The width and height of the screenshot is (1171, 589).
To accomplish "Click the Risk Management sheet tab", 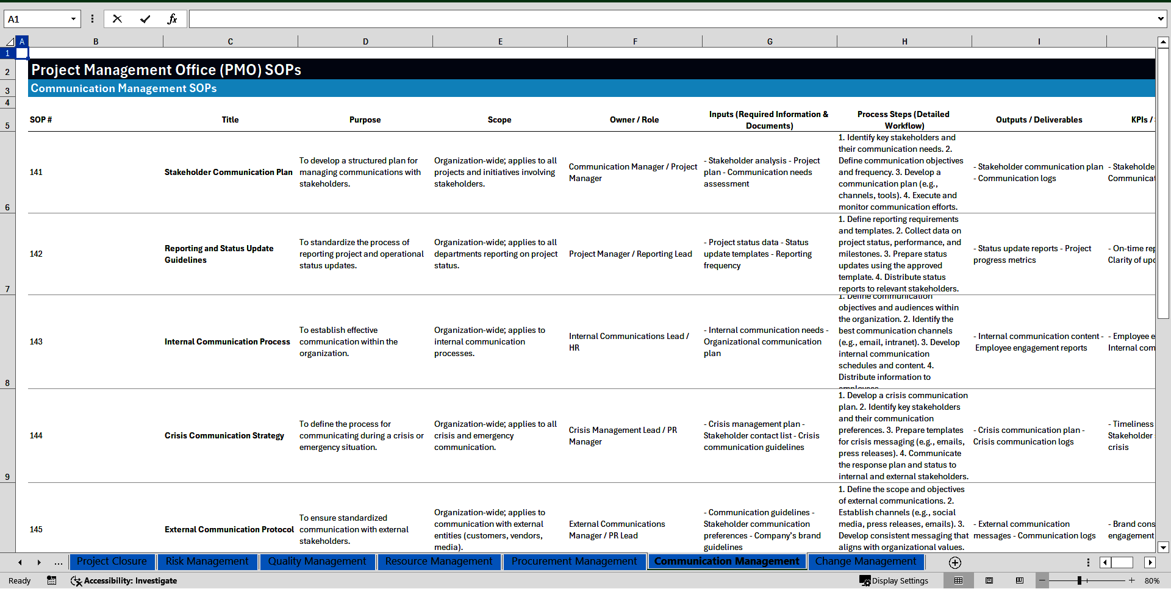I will coord(207,562).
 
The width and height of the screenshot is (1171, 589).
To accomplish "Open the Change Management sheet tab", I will coord(865,562).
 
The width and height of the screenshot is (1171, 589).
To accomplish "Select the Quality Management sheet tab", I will coord(317,562).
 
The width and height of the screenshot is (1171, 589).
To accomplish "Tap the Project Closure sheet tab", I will coord(112,562).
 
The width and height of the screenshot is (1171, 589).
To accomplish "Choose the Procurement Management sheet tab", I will coord(574,562).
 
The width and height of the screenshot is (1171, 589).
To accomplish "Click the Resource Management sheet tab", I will coord(439,562).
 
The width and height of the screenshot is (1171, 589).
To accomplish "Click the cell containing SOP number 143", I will coord(37,342).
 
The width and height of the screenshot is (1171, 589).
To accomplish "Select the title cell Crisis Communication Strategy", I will coord(224,436).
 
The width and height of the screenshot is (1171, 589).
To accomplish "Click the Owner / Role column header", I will coord(634,120).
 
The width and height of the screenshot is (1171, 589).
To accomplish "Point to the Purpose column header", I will coord(365,120).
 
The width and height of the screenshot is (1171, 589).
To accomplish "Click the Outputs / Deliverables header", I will coord(1039,120).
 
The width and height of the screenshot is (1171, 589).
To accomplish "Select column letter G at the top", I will coord(770,42).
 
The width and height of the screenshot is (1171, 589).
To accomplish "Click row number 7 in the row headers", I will coord(7,289).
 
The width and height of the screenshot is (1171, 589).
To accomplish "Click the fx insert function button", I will coord(172,19).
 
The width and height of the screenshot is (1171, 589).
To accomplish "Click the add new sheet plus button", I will coord(955,563).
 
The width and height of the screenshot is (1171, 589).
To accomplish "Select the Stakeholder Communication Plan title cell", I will coord(229,173).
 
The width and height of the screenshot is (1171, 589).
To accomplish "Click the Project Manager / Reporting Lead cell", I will coord(631,254).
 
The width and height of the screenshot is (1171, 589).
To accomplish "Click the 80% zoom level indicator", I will coord(1151,581).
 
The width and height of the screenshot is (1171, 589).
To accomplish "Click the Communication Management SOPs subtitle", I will coord(124,88).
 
